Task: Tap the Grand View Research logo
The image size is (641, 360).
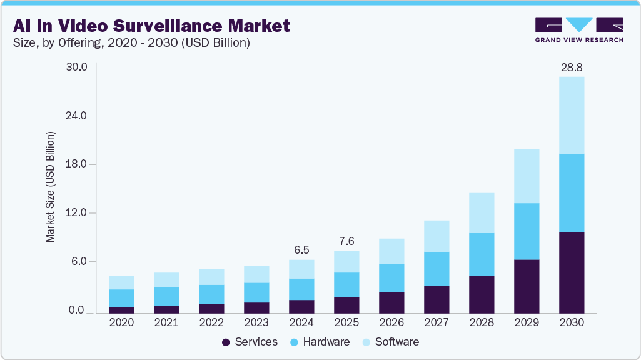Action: pyautogui.click(x=579, y=29)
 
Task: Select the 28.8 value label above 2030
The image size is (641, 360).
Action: pyautogui.click(x=572, y=66)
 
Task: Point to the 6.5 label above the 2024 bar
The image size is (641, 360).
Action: pyautogui.click(x=301, y=249)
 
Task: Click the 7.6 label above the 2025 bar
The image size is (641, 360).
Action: pyautogui.click(x=346, y=241)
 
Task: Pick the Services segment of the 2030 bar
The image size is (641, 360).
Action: pyautogui.click(x=572, y=272)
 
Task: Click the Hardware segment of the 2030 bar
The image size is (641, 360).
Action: pyautogui.click(x=572, y=193)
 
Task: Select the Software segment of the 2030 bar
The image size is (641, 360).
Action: pyautogui.click(x=572, y=115)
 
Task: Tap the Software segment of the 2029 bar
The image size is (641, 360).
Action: pyautogui.click(x=527, y=176)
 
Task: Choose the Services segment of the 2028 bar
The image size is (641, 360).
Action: pyautogui.click(x=482, y=294)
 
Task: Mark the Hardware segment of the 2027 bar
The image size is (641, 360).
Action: pyautogui.click(x=437, y=269)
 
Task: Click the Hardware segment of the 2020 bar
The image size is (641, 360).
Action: pyautogui.click(x=121, y=298)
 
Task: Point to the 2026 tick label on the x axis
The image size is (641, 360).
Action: pyautogui.click(x=391, y=323)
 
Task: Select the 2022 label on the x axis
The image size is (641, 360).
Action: pyautogui.click(x=211, y=323)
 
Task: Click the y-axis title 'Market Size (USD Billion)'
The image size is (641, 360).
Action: pyautogui.click(x=50, y=187)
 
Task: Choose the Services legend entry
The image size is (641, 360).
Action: pyautogui.click(x=250, y=342)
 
